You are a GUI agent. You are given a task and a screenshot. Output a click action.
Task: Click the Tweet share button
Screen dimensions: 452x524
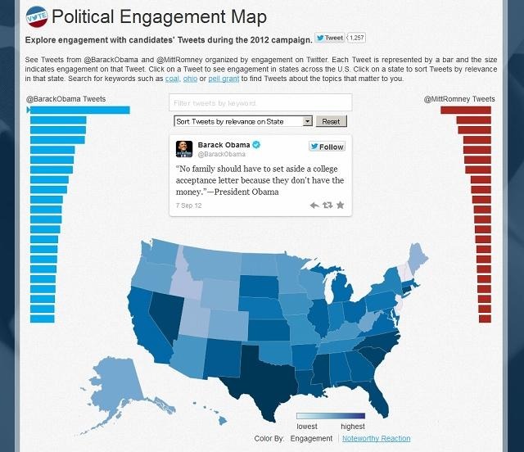[x=330, y=38]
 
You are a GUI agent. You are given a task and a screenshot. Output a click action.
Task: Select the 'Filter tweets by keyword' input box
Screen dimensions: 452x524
[x=260, y=102]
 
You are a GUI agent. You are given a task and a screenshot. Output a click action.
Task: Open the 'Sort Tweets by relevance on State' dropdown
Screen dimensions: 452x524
[x=244, y=121]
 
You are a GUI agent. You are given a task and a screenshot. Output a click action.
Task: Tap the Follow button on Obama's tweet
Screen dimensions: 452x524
[x=327, y=147]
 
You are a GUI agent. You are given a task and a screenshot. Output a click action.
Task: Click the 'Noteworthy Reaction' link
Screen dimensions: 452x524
[x=376, y=439]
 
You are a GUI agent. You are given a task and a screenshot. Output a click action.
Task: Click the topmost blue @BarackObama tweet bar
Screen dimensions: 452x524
[x=80, y=110]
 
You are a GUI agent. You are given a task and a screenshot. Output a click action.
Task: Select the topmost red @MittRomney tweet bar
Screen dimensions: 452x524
[x=465, y=110]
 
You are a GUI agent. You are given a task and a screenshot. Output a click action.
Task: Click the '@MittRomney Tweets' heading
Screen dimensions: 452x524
[x=458, y=99]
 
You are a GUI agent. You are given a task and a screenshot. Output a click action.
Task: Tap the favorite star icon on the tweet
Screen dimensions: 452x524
[x=340, y=205]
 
